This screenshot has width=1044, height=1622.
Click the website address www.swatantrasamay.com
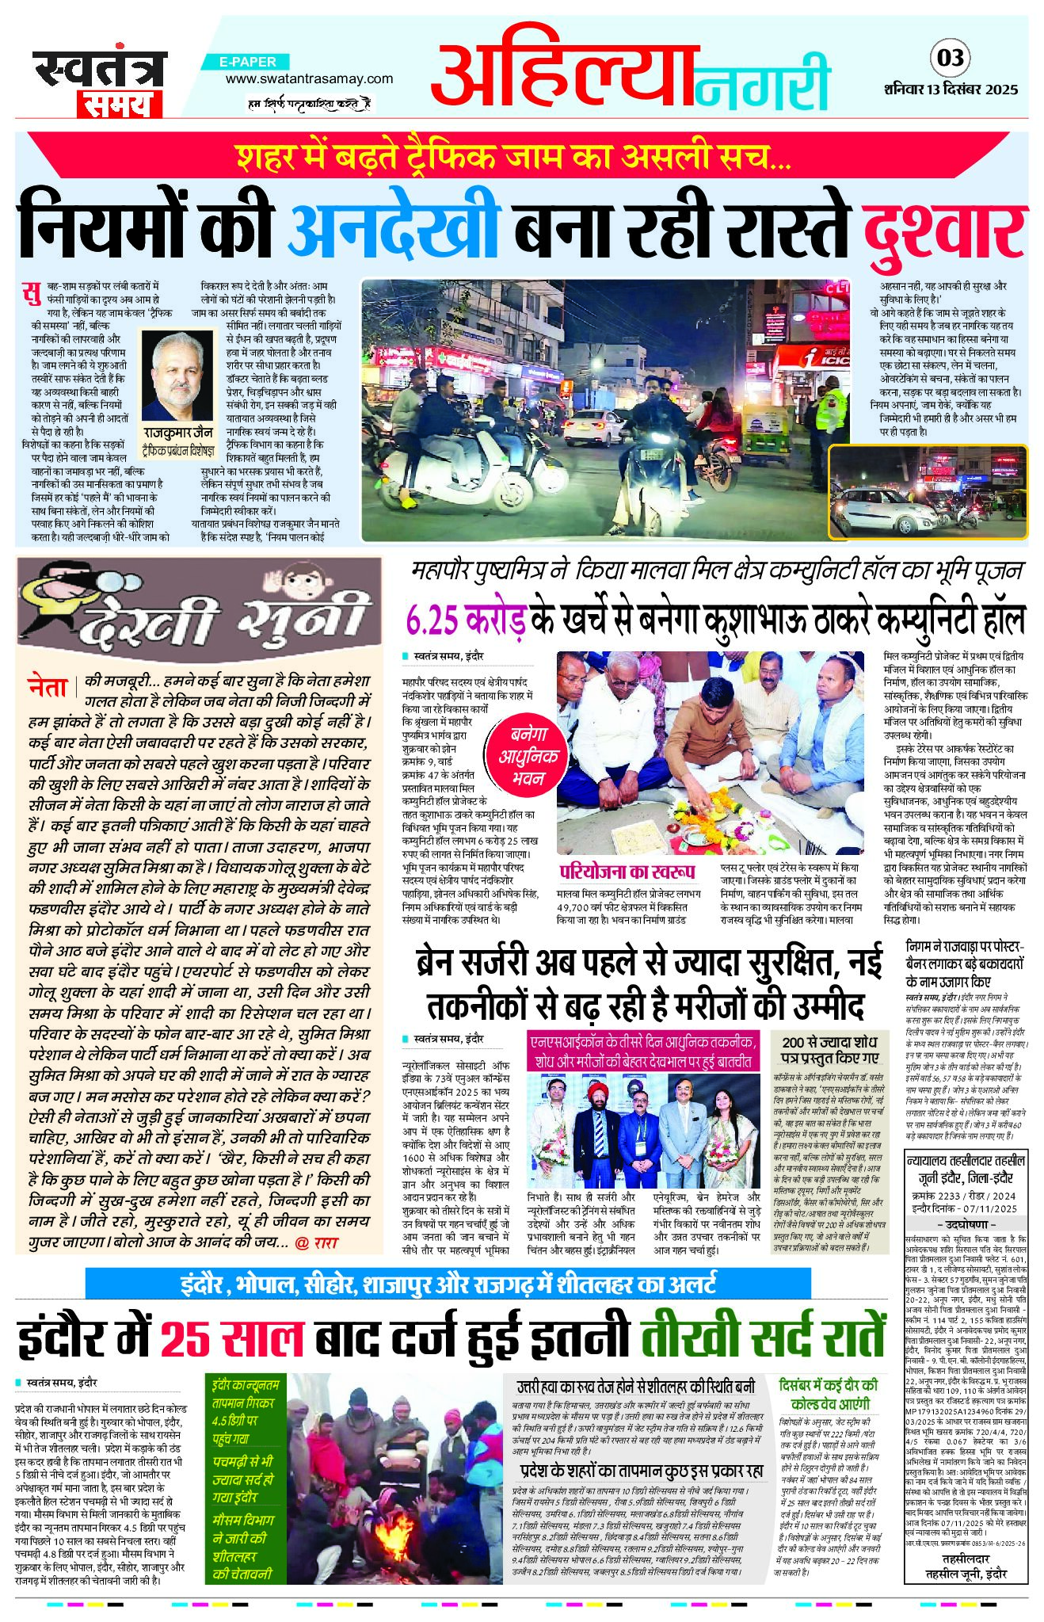pyautogui.click(x=309, y=78)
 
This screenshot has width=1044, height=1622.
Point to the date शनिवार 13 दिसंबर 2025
pyautogui.click(x=951, y=90)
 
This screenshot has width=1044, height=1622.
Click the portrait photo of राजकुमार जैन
pyautogui.click(x=178, y=376)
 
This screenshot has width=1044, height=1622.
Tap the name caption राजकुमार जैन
pyautogui.click(x=178, y=433)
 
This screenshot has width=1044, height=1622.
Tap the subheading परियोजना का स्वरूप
pyautogui.click(x=627, y=872)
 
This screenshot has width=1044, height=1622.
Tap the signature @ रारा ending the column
pyautogui.click(x=317, y=1242)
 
